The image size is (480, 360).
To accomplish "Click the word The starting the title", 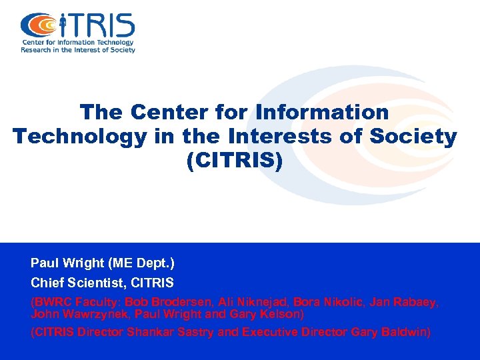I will [x=102, y=111].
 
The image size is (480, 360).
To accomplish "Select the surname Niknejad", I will [x=249, y=302].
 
